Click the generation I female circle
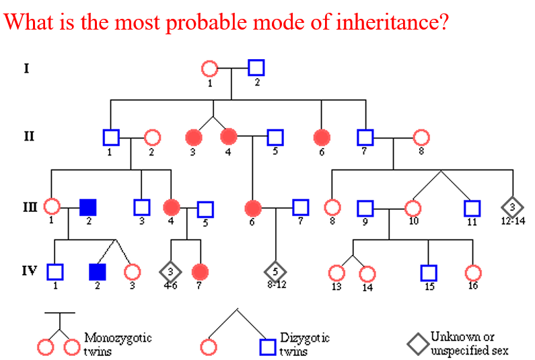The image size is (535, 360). pyautogui.click(x=210, y=69)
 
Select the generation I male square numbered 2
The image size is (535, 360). pyautogui.click(x=256, y=68)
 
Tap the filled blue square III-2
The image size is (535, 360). pyautogui.click(x=87, y=208)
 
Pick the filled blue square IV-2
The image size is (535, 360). pyautogui.click(x=98, y=272)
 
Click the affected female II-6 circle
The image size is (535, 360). pyautogui.click(x=322, y=137)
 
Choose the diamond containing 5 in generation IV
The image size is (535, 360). pyautogui.click(x=275, y=272)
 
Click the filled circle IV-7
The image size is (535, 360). pyautogui.click(x=200, y=272)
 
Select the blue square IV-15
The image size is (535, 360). pyautogui.click(x=429, y=273)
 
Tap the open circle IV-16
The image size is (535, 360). pyautogui.click(x=473, y=273)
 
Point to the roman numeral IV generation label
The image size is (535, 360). pyautogui.click(x=28, y=271)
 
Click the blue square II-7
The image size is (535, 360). pyautogui.click(x=365, y=137)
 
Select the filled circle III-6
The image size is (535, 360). pyautogui.click(x=253, y=208)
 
